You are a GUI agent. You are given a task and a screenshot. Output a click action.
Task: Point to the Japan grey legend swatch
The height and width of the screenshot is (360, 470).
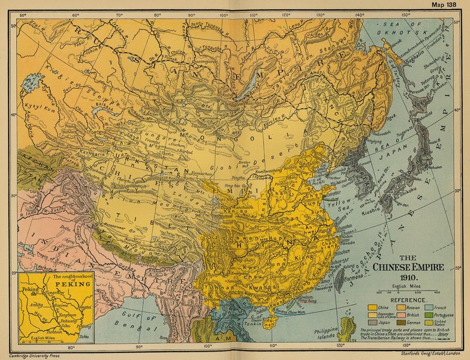click(372, 322)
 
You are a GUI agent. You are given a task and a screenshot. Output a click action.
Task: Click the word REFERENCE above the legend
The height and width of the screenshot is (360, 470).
click(409, 298)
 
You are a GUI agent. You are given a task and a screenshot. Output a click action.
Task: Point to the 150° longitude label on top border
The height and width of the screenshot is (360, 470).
click(405, 14)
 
